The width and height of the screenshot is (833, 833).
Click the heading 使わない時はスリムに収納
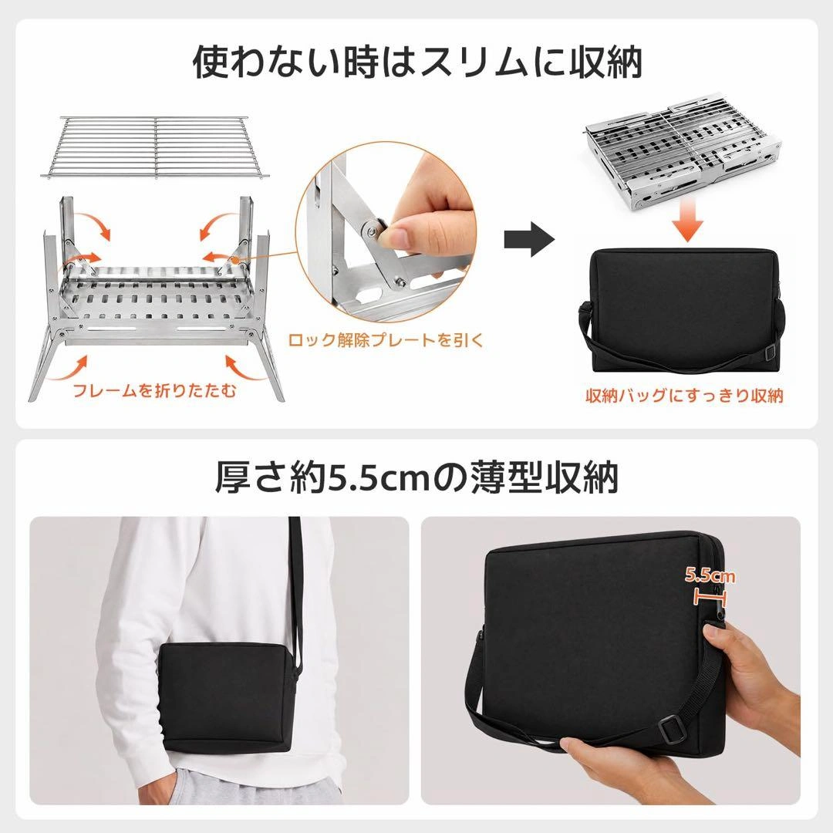pyautogui.click(x=417, y=62)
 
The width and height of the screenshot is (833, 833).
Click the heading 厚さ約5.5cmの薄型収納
pyautogui.click(x=416, y=477)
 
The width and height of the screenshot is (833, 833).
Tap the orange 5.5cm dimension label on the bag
pyautogui.click(x=710, y=575)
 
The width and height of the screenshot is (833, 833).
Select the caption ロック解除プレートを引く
pyautogui.click(x=386, y=340)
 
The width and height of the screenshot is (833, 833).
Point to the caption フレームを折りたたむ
pyautogui.click(x=154, y=391)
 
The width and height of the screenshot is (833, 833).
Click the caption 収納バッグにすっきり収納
pyautogui.click(x=684, y=395)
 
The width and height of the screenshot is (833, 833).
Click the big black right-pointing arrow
pyautogui.click(x=529, y=239)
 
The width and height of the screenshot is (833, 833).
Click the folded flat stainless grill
pyautogui.click(x=683, y=153)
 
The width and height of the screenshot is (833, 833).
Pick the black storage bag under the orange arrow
pyautogui.click(x=684, y=311)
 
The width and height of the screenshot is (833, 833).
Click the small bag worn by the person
pyautogui.click(x=228, y=697)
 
